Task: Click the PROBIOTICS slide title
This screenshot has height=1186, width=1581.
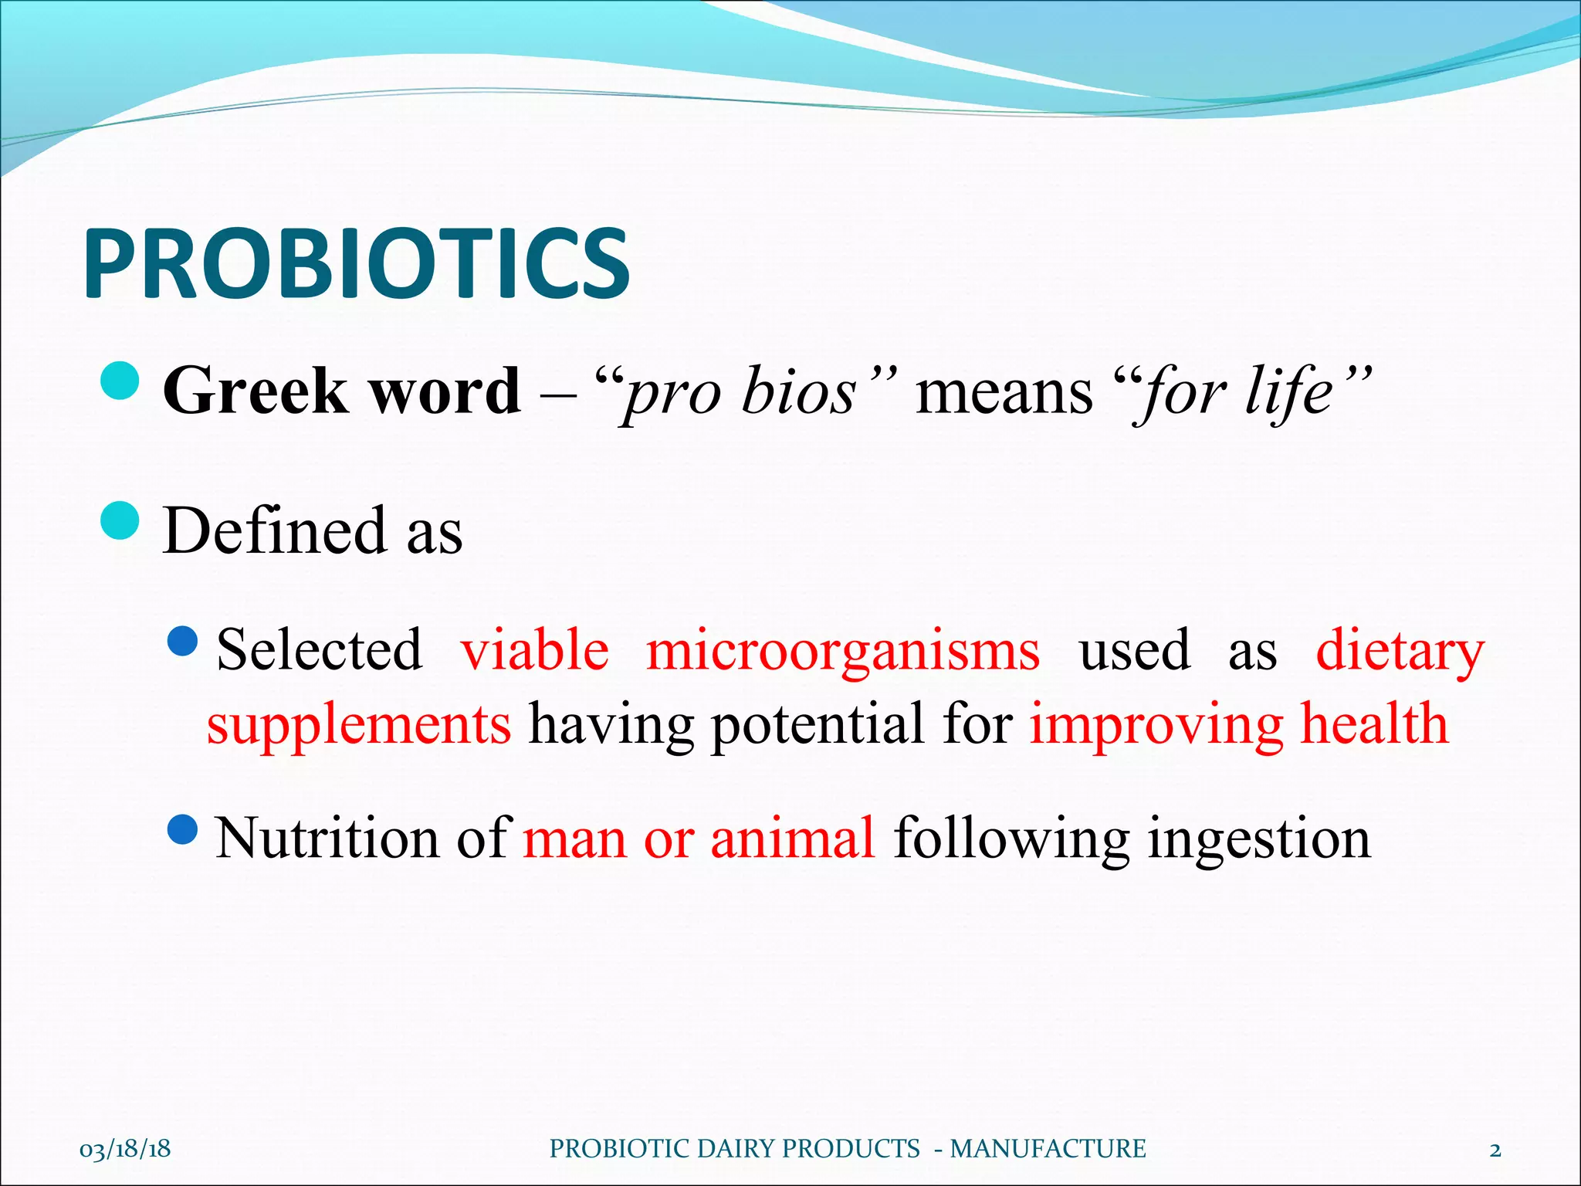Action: coord(357,264)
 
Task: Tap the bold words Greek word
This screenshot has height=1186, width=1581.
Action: coord(341,391)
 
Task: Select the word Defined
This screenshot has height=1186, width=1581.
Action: coord(275,530)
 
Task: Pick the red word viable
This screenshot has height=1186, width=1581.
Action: coord(535,650)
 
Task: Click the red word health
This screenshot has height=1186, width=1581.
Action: coord(1375,724)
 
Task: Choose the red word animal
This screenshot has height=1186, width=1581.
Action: coord(793,839)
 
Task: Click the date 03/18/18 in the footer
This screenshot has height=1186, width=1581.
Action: coord(125,1149)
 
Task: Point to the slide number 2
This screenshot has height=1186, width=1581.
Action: coord(1495,1150)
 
